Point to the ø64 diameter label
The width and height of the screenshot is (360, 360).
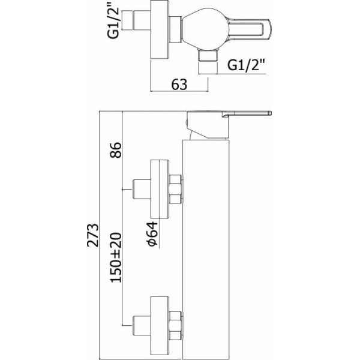[152, 233]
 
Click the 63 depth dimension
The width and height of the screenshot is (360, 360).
[179, 85]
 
